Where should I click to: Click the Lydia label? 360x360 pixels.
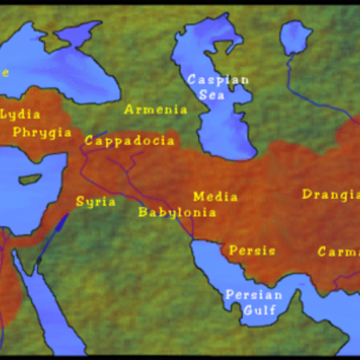[x=20, y=114]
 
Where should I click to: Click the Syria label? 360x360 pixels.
[x=95, y=202]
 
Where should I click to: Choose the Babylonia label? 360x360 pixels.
[x=177, y=212]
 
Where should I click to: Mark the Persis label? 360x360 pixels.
[x=252, y=250]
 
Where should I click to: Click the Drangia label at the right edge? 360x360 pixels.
[x=330, y=193]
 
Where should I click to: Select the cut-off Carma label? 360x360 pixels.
[x=337, y=252]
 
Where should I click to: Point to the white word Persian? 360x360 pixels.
[x=253, y=295]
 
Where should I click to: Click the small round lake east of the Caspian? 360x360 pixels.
[x=295, y=38]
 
